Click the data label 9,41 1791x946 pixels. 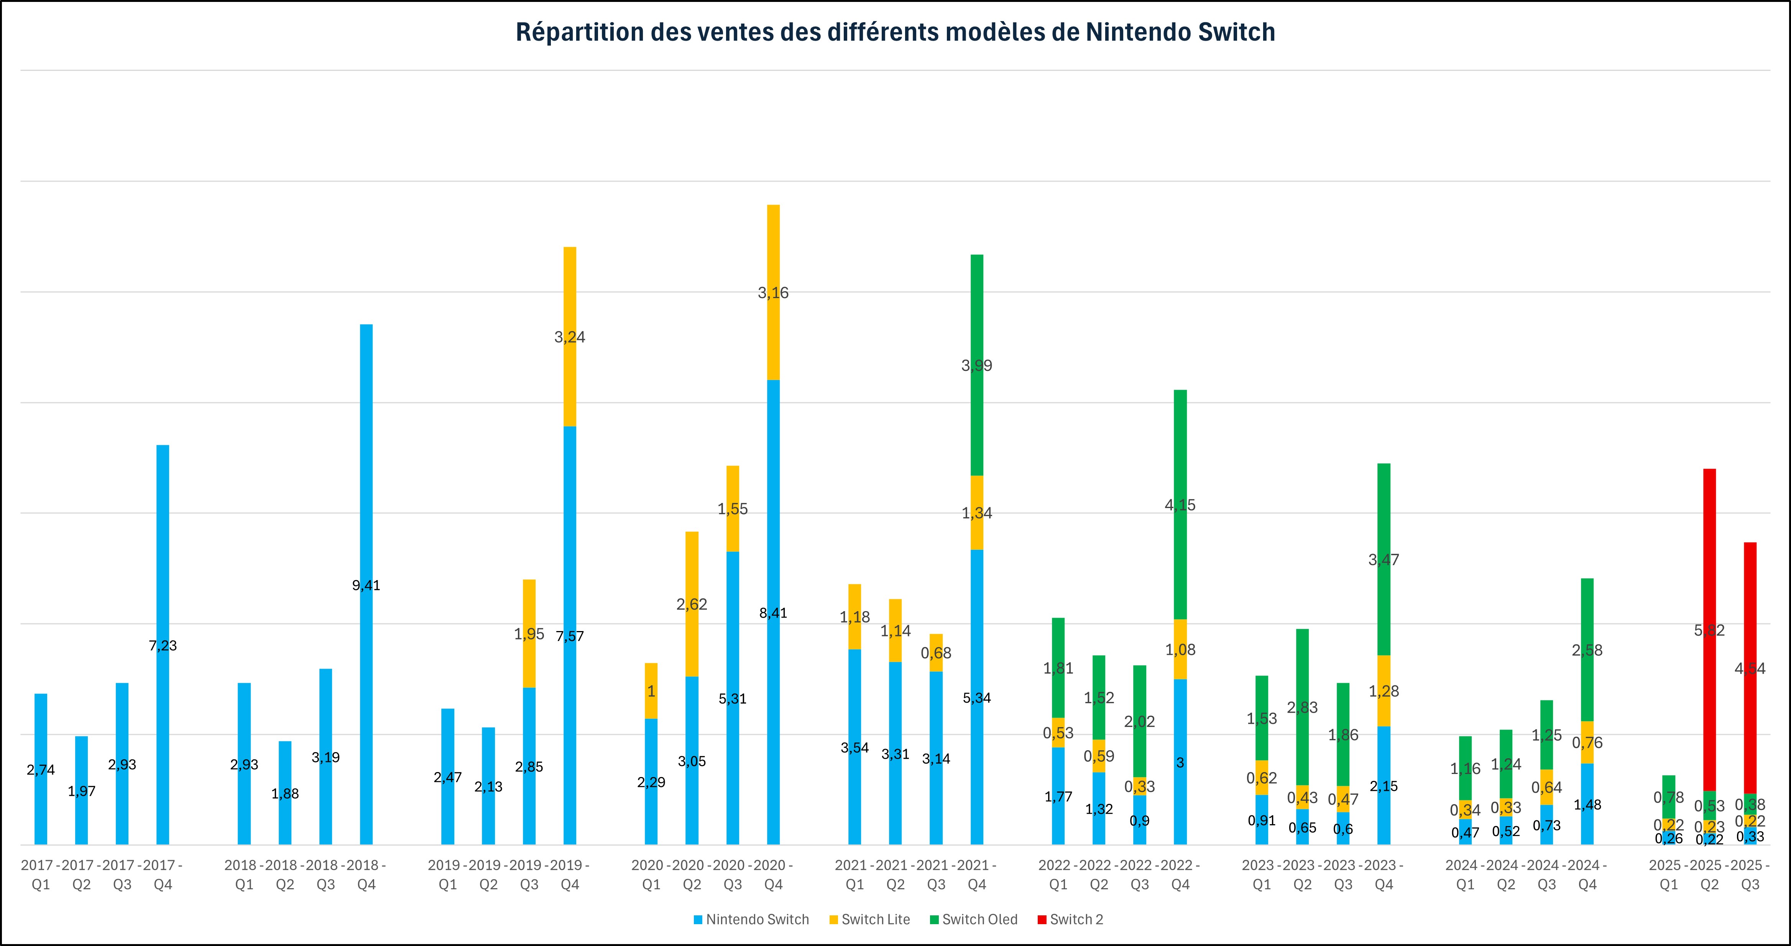point(366,585)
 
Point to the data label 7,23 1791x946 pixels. point(163,646)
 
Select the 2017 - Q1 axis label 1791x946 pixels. point(41,874)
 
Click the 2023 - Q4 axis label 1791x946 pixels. point(1384,874)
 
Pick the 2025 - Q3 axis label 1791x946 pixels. point(1750,874)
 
